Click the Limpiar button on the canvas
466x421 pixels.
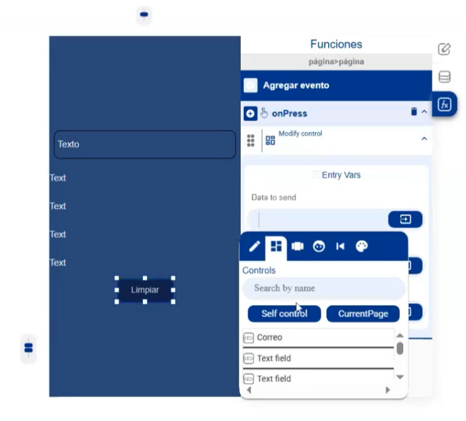145,290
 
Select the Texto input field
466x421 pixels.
145,144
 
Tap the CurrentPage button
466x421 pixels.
363,313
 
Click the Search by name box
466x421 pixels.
324,288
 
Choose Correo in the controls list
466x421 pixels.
269,338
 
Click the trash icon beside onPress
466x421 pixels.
414,111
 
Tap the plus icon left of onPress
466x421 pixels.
250,113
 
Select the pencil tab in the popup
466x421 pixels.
254,246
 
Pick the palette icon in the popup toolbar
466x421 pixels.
362,246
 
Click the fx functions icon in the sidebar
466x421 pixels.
444,104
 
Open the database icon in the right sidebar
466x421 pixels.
445,77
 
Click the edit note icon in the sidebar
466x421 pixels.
444,49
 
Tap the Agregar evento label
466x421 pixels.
296,85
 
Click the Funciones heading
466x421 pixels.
336,44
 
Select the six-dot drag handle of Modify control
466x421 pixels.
251,140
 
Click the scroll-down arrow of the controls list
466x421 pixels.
400,377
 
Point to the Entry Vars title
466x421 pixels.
341,175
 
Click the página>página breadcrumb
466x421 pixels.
336,62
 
